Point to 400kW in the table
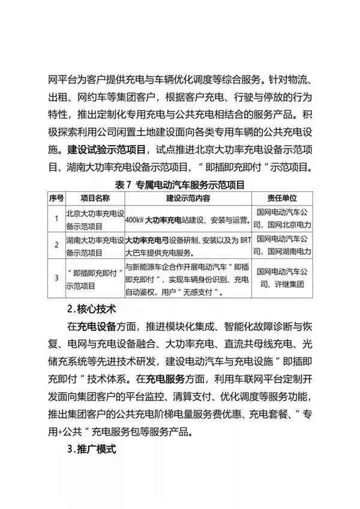click(x=135, y=220)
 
